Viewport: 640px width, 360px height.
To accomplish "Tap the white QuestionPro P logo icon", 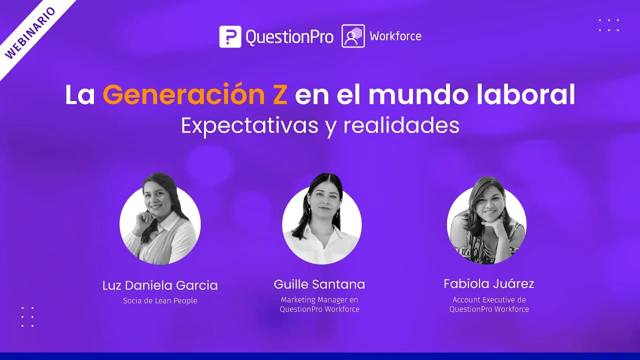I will (x=230, y=36).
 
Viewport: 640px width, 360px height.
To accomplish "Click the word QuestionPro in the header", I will (x=289, y=37).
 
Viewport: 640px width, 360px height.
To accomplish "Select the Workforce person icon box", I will (x=353, y=36).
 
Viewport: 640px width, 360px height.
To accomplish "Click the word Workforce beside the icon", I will (x=395, y=36).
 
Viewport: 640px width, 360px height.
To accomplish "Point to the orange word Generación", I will (x=195, y=95).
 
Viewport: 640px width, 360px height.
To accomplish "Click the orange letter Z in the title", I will (x=280, y=95).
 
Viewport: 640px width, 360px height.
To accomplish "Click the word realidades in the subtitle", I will (x=401, y=125).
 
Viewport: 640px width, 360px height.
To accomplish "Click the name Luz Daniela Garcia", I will (x=160, y=285).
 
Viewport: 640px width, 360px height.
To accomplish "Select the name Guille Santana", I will (x=319, y=284).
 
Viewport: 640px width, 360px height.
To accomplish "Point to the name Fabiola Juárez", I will (x=489, y=284).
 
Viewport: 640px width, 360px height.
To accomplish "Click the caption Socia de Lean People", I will (x=160, y=300).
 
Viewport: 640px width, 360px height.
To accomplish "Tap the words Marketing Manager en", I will (x=319, y=300).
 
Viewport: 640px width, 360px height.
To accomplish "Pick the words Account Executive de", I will (x=489, y=300).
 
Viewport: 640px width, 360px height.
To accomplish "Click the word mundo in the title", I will (x=410, y=95).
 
